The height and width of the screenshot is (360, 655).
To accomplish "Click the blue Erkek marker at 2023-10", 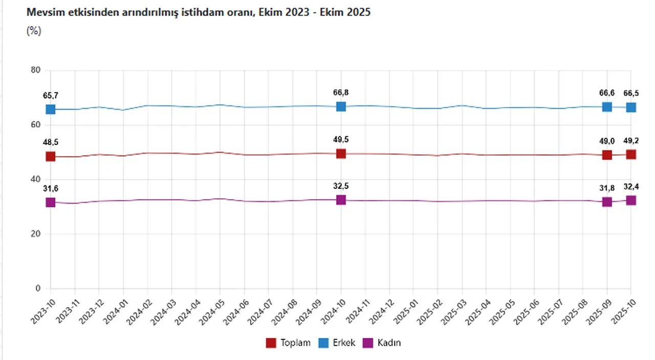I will click(x=50, y=109).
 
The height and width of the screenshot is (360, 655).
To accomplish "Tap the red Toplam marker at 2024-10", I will click(x=341, y=153).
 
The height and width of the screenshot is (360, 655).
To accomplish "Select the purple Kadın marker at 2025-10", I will click(x=631, y=200).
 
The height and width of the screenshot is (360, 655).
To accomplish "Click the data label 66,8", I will click(x=341, y=93).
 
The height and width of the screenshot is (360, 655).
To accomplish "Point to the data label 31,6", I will click(x=50, y=188).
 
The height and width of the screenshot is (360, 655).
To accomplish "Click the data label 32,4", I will click(x=631, y=187).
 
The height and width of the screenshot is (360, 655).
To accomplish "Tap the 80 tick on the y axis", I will click(x=36, y=70).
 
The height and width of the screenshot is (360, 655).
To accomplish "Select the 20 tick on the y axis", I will click(x=36, y=234).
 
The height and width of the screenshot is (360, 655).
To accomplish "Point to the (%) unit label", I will click(x=33, y=31).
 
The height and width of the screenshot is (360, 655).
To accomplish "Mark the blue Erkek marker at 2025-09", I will click(x=607, y=107).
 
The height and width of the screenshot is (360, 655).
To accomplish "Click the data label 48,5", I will click(x=50, y=142).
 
